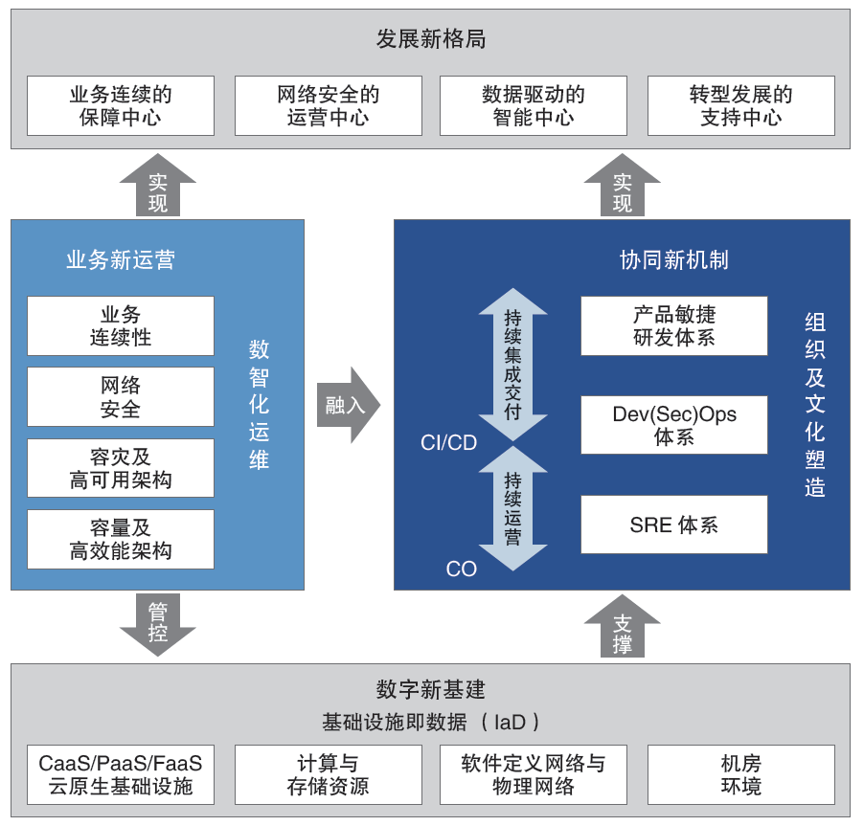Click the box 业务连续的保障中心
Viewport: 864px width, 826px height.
click(121, 106)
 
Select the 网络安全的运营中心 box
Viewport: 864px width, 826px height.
click(328, 106)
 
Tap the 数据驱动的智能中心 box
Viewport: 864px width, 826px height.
click(534, 106)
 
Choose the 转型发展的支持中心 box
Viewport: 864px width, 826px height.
click(741, 106)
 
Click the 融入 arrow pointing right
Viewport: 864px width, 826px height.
click(348, 405)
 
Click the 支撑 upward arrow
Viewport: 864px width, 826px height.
click(622, 627)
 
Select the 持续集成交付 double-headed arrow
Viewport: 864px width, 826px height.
click(513, 365)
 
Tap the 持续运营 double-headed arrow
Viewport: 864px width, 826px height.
click(513, 508)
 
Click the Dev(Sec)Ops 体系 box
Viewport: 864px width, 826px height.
click(674, 425)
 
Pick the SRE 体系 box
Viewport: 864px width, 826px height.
click(674, 525)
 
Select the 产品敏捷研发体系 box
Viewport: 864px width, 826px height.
click(674, 325)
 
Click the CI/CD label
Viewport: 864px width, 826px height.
click(448, 443)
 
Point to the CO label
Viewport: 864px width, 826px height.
click(461, 569)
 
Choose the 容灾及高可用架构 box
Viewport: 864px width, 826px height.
click(121, 468)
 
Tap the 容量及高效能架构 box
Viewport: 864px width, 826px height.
click(121, 540)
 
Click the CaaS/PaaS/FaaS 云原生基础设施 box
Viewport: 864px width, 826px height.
click(121, 775)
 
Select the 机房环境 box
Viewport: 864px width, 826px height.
click(741, 775)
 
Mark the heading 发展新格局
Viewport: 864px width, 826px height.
click(431, 39)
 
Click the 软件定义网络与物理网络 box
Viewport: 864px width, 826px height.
click(534, 775)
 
